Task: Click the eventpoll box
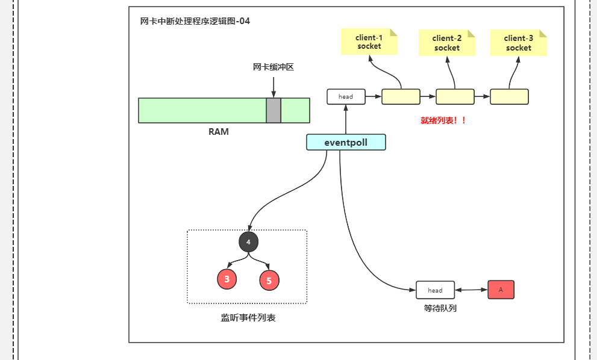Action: [346, 142]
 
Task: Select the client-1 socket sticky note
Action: [369, 42]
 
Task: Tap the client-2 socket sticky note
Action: [447, 43]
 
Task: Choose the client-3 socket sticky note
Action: [519, 43]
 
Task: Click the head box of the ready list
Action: [346, 96]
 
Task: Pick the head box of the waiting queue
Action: [435, 290]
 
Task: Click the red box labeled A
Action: [501, 290]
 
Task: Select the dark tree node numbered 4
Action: [248, 241]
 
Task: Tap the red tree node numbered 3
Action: [227, 279]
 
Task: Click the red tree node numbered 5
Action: [269, 280]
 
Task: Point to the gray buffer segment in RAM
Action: [273, 110]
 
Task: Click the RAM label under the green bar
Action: [219, 132]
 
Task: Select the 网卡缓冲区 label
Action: [273, 67]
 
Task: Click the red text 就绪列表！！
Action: [443, 120]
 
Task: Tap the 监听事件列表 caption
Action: [248, 317]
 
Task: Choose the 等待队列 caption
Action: [440, 308]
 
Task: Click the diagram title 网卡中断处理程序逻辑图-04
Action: [195, 21]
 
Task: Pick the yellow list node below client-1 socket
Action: [401, 96]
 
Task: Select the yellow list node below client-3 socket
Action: [509, 96]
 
